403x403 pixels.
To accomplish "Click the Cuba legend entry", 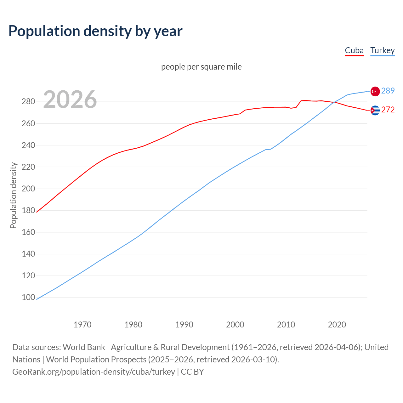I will (x=354, y=51).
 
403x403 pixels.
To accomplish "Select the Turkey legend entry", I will (x=382, y=51).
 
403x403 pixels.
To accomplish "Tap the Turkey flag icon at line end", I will (x=375, y=91).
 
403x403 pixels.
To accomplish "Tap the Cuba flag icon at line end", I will (x=375, y=110).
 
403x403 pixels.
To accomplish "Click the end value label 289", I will (x=388, y=91).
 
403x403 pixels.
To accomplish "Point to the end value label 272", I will (x=388, y=110).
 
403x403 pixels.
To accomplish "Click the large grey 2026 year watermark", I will (x=70, y=99).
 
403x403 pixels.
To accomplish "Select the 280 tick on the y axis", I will (x=28, y=102).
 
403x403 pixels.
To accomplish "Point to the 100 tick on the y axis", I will (x=28, y=298).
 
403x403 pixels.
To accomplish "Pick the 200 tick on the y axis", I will (x=28, y=189).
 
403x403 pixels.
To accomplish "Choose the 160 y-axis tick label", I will (x=28, y=232).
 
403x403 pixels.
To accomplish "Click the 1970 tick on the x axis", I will (x=82, y=325).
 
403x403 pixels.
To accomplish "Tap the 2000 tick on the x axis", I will (x=235, y=325).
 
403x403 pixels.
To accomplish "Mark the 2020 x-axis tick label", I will (x=337, y=325).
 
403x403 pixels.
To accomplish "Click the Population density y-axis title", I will (x=13, y=195).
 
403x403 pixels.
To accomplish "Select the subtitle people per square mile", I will (x=201, y=67).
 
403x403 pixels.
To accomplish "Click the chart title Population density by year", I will (x=95, y=31).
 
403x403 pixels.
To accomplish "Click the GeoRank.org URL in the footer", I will (x=94, y=372).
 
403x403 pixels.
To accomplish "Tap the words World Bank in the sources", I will (x=84, y=347).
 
